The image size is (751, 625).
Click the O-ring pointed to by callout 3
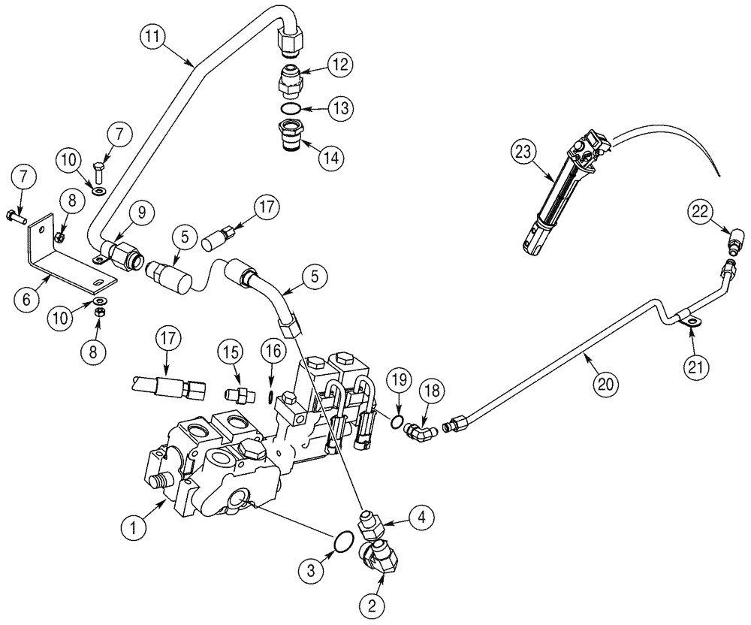pos(342,540)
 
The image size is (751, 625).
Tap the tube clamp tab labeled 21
pos(688,323)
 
